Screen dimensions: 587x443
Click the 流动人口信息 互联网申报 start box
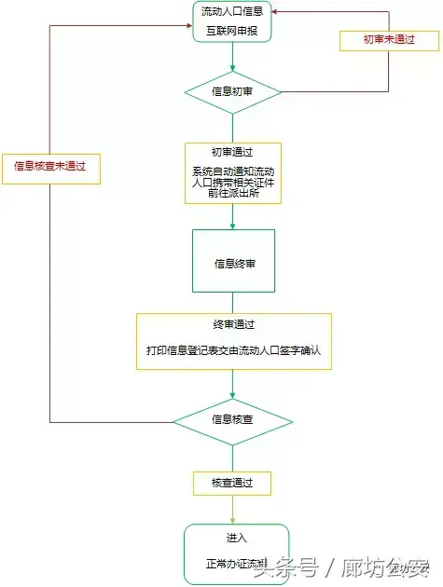(x=232, y=22)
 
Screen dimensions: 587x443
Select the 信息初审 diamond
(x=232, y=91)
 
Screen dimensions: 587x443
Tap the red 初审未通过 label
(x=376, y=40)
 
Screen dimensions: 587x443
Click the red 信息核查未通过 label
(x=49, y=166)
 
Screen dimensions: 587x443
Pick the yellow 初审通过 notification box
(x=232, y=173)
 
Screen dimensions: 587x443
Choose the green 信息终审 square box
(x=233, y=263)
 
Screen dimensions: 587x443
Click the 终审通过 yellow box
(x=233, y=341)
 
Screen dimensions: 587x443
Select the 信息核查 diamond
(x=232, y=420)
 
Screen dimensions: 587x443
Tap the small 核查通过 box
(x=232, y=484)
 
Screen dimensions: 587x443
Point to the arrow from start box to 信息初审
(x=232, y=58)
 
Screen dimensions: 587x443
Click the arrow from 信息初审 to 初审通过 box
(x=232, y=127)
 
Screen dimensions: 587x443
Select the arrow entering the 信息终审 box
(x=232, y=217)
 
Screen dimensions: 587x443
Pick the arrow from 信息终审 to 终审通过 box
(x=232, y=305)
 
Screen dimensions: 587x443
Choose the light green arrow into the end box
(x=232, y=510)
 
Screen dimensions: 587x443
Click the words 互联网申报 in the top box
(x=232, y=30)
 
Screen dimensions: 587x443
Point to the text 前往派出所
(x=232, y=194)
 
